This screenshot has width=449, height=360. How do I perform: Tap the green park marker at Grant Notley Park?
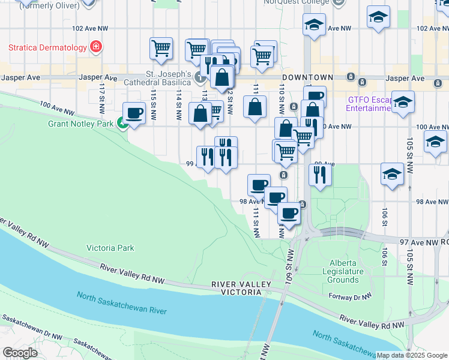122,124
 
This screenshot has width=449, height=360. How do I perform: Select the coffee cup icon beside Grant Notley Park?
134,112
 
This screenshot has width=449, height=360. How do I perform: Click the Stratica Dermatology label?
47,46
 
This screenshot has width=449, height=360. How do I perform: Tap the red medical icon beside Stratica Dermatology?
95,46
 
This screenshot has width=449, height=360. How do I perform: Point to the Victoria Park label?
110,247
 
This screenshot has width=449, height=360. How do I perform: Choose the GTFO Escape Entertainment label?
369,104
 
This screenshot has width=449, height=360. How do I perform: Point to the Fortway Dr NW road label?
351,295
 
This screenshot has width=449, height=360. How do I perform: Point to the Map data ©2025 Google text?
412,355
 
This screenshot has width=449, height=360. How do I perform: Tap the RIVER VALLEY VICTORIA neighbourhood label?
237,288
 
